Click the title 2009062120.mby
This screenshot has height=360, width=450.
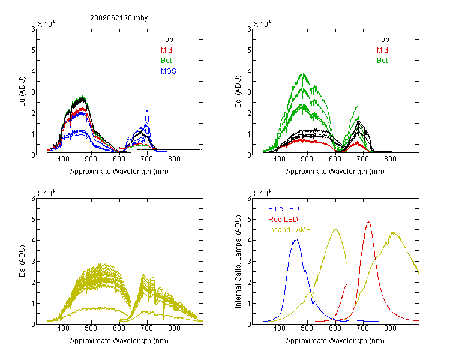(x=119, y=18)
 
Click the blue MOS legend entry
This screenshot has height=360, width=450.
(x=169, y=71)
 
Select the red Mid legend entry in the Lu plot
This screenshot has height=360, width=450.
(x=166, y=50)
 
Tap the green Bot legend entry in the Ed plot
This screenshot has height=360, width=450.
(x=382, y=61)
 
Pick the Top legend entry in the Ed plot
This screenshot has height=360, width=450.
(x=383, y=40)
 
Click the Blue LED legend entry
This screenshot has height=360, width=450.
(x=284, y=209)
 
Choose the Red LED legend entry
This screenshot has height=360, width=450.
(x=283, y=220)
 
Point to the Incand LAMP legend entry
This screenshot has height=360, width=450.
(x=289, y=230)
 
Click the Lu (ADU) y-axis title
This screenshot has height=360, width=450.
(x=22, y=92)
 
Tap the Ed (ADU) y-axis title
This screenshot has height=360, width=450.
(x=238, y=92)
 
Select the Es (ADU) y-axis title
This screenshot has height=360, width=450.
(x=22, y=261)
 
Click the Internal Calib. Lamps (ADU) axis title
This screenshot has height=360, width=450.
(x=238, y=262)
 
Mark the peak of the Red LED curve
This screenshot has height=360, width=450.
(x=368, y=222)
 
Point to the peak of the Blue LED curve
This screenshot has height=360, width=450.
(x=296, y=239)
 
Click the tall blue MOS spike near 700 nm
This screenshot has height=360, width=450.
(x=147, y=110)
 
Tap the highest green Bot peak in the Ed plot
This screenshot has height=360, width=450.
(x=303, y=74)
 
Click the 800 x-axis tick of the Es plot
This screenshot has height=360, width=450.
(x=174, y=328)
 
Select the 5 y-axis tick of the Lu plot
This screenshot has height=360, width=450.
(x=33, y=50)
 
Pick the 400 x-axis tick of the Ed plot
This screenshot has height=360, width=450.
(x=279, y=159)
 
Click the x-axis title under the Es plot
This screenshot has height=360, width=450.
(x=119, y=341)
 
